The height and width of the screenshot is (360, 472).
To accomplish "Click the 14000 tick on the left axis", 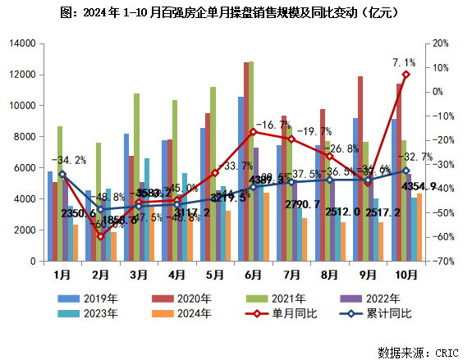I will click(x=22, y=43).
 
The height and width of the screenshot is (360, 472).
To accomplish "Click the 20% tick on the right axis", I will click(x=441, y=43).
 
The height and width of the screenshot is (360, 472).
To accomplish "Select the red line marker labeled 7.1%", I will click(x=406, y=75).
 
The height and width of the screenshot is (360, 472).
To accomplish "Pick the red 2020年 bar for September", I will click(x=360, y=168).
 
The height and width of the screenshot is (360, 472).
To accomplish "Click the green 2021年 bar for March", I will click(x=137, y=177).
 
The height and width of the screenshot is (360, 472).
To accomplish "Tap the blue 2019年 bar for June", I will click(x=241, y=179).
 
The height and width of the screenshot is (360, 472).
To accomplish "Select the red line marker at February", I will click(x=100, y=237).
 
